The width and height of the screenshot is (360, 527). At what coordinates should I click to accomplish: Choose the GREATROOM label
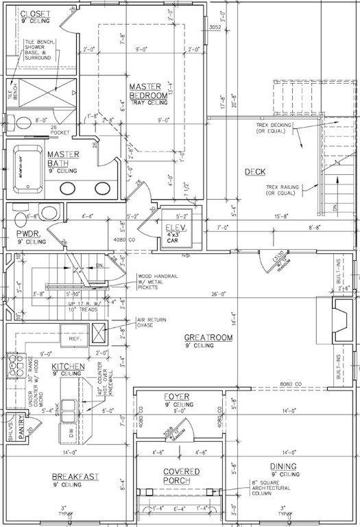point(208,338)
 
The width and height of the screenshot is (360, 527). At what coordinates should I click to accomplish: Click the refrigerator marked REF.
point(75,339)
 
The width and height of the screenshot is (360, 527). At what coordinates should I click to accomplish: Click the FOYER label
point(176,397)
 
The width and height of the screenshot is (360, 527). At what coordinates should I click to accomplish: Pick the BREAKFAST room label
point(76,476)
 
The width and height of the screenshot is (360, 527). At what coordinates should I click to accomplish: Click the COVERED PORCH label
point(181,476)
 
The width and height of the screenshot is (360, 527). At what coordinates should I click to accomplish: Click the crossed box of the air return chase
point(100,332)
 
